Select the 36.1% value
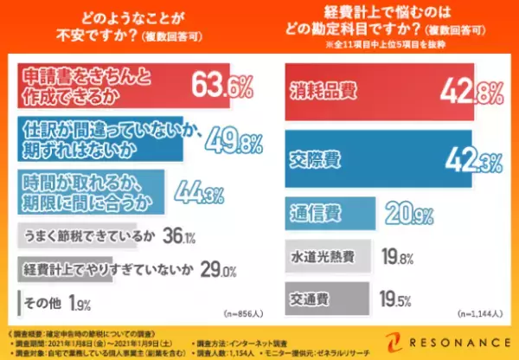pos(176,235)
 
